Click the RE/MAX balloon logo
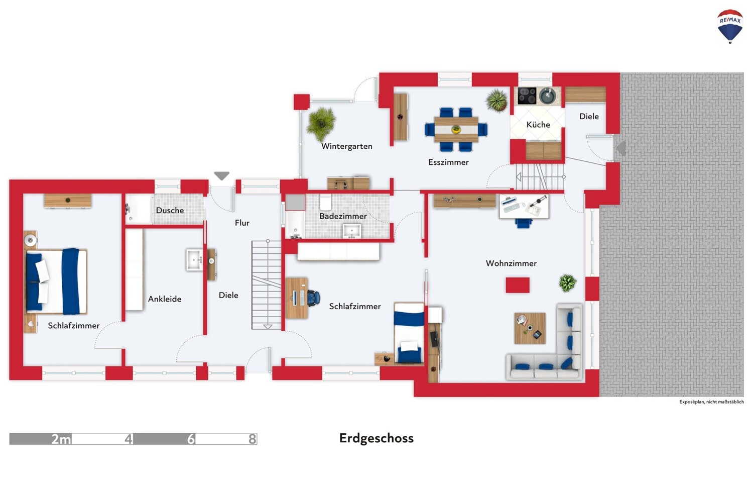730,26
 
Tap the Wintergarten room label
346,146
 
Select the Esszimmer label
448,162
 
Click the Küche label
538,125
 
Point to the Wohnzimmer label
511,263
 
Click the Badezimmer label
343,216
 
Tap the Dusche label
170,211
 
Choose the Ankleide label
164,299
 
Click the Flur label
242,223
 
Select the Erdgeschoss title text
376,438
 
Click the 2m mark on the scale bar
61,439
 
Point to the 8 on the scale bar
252,439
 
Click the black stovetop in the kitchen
527,96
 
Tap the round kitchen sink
547,96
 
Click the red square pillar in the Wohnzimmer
518,285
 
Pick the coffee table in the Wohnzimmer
530,328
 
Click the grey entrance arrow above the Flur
221,176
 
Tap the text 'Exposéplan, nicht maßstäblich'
711,402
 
